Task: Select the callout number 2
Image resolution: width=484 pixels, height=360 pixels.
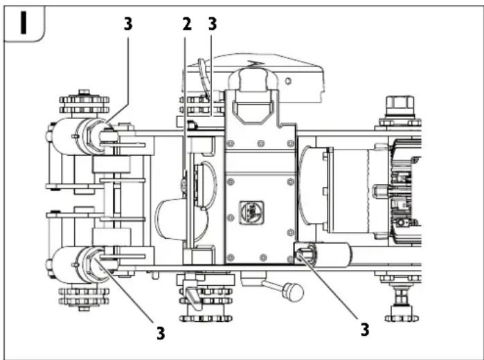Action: (x=186, y=24)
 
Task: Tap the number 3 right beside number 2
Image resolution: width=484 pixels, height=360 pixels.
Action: (x=212, y=24)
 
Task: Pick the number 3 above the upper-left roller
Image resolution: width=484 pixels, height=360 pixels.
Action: (x=127, y=24)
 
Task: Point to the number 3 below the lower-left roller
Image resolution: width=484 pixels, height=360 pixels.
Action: (x=160, y=333)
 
